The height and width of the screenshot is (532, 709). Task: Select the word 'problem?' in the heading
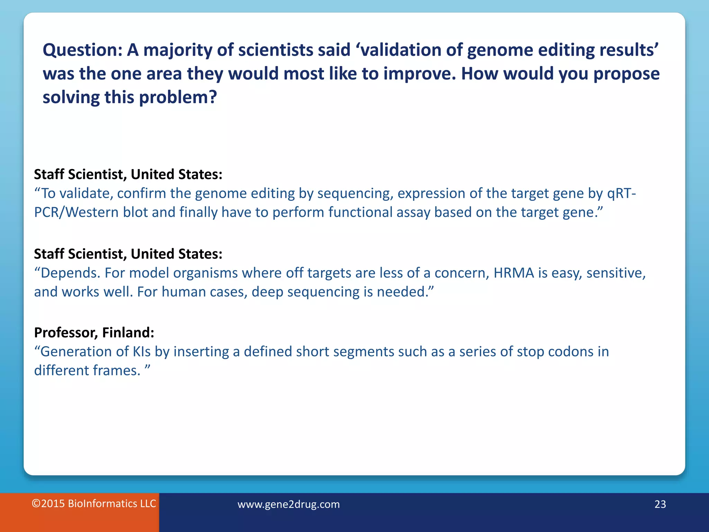pyautogui.click(x=178, y=97)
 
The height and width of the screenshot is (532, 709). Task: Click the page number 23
pyautogui.click(x=660, y=504)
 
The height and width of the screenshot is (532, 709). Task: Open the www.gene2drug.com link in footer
pyautogui.click(x=288, y=504)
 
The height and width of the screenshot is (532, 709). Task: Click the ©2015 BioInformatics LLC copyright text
pyautogui.click(x=94, y=504)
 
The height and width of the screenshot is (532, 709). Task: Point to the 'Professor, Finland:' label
pyautogui.click(x=94, y=332)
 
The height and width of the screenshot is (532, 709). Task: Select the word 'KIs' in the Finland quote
pyautogui.click(x=142, y=352)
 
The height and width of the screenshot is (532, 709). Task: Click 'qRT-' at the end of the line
pyautogui.click(x=621, y=194)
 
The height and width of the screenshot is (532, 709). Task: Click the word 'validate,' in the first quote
pyautogui.click(x=86, y=194)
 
